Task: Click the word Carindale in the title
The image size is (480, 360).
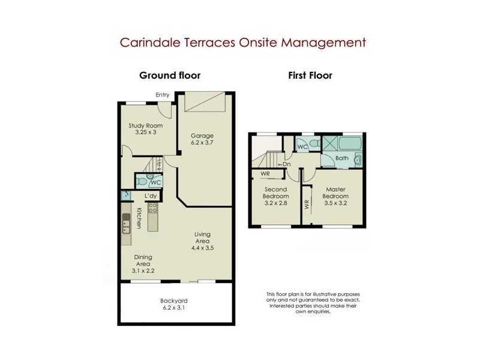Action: click(147, 43)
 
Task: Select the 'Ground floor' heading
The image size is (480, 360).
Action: click(170, 76)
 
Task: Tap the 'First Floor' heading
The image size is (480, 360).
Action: click(310, 76)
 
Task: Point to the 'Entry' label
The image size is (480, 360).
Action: click(163, 95)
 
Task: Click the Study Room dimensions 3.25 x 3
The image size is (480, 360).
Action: click(146, 132)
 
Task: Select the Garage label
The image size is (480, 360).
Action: click(202, 136)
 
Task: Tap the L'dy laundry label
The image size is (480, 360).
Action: click(151, 196)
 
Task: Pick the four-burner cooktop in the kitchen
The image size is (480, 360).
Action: click(152, 209)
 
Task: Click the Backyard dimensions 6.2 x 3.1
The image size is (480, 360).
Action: click(175, 308)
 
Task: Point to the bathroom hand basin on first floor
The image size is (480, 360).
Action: click(358, 158)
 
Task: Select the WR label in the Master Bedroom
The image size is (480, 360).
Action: click(306, 205)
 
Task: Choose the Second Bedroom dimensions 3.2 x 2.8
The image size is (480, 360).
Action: click(276, 203)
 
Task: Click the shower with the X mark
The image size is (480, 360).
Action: click(330, 144)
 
